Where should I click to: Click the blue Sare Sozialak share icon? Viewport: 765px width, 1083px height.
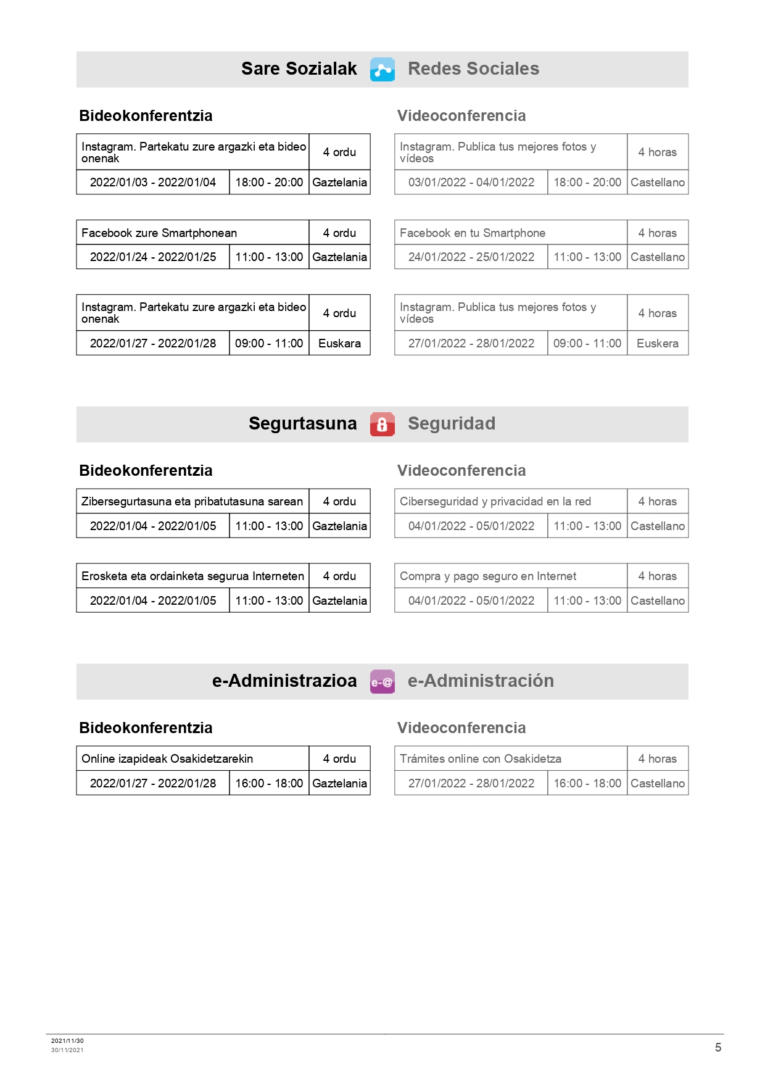pyautogui.click(x=382, y=69)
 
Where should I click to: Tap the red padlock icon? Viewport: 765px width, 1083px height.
pyautogui.click(x=382, y=424)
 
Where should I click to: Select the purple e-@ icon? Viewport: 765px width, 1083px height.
pyautogui.click(x=382, y=682)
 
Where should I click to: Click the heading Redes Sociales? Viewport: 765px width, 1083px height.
pyautogui.click(x=473, y=68)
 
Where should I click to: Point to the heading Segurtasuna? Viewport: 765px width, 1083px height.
pyautogui.click(x=302, y=423)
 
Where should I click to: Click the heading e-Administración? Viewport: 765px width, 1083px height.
pyautogui.click(x=481, y=681)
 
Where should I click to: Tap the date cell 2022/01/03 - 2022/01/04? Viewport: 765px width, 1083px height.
pyautogui.click(x=153, y=182)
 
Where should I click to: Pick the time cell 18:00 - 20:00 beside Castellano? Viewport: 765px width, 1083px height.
pyautogui.click(x=587, y=182)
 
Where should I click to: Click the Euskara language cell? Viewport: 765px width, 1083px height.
pyautogui.click(x=339, y=343)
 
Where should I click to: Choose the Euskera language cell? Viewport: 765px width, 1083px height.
pyautogui.click(x=658, y=343)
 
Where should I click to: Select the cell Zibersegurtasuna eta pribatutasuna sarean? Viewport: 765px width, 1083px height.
pyautogui.click(x=192, y=501)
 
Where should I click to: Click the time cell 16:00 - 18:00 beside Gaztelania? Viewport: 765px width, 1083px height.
pyautogui.click(x=269, y=783)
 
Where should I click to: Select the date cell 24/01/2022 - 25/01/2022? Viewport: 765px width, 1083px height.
pyautogui.click(x=471, y=257)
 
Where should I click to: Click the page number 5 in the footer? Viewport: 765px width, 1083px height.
pyautogui.click(x=718, y=1047)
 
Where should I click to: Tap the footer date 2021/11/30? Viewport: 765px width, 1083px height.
pyautogui.click(x=67, y=1040)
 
